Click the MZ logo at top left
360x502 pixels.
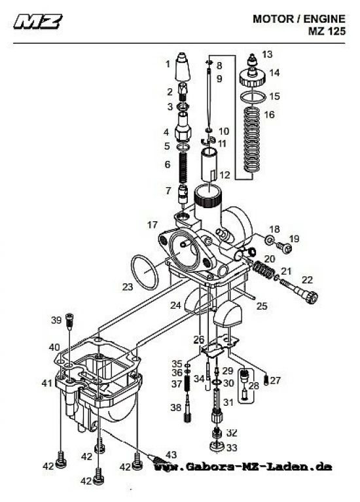point(38,24)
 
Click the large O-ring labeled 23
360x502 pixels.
point(144,273)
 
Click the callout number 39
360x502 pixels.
point(56,320)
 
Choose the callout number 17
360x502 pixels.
point(152,224)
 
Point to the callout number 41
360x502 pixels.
point(46,382)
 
